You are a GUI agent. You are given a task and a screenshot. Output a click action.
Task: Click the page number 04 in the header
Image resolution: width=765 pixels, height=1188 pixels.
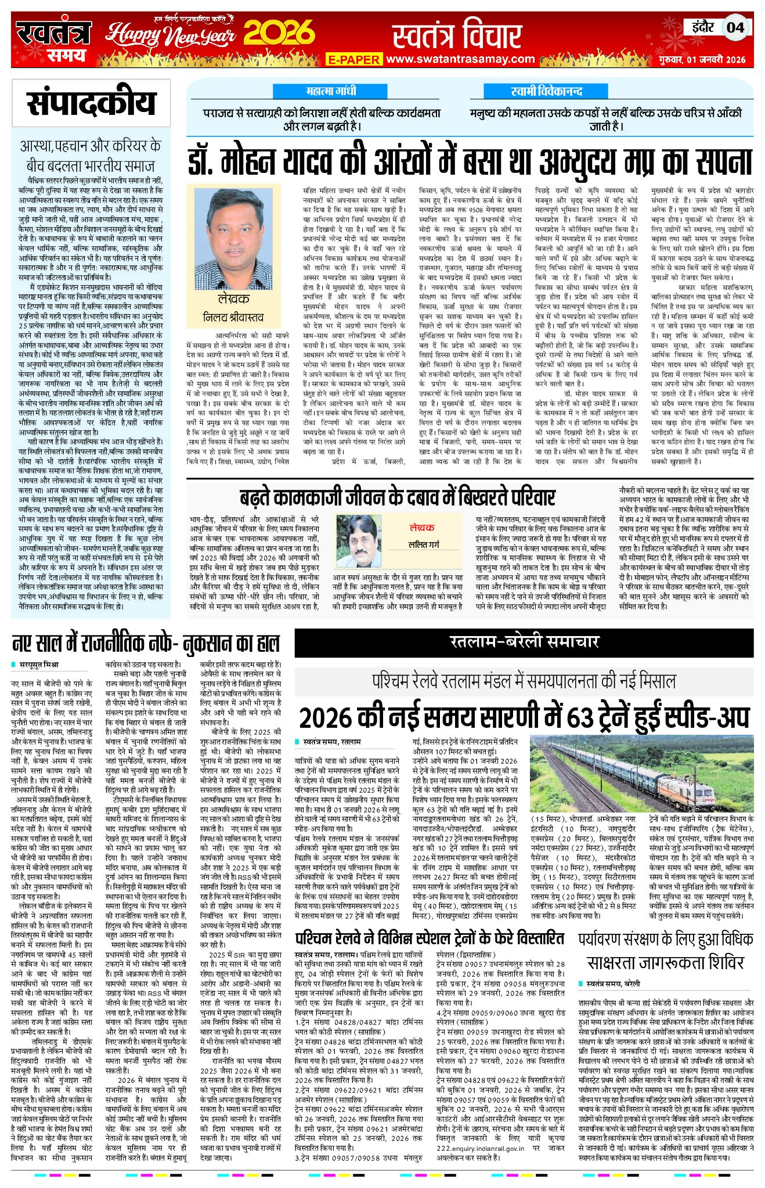(735, 27)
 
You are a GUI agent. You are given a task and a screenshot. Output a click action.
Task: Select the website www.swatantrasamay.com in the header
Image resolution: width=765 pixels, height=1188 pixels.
(460, 59)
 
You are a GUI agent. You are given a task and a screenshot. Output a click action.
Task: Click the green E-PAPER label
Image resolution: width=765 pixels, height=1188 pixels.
(353, 59)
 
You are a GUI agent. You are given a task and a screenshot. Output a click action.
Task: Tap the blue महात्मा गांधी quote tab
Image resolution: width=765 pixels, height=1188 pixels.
(331, 91)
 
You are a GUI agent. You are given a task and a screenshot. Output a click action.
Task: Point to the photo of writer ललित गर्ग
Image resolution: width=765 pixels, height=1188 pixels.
(358, 541)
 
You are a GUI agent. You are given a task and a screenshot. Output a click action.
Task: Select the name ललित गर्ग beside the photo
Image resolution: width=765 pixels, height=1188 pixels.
(424, 545)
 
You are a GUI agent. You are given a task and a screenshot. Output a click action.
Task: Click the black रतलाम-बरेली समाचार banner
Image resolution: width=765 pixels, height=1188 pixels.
(524, 641)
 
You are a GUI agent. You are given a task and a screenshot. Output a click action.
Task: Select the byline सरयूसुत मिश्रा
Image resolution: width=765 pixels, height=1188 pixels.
(39, 665)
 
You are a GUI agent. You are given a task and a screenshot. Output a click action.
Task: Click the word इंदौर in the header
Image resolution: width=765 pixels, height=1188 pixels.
(704, 27)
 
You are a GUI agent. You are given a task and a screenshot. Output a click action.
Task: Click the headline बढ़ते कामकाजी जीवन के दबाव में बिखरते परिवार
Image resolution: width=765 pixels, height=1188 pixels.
(397, 498)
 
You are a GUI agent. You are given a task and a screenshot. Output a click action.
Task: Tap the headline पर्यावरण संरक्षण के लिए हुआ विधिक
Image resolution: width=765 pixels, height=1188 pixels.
(665, 938)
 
